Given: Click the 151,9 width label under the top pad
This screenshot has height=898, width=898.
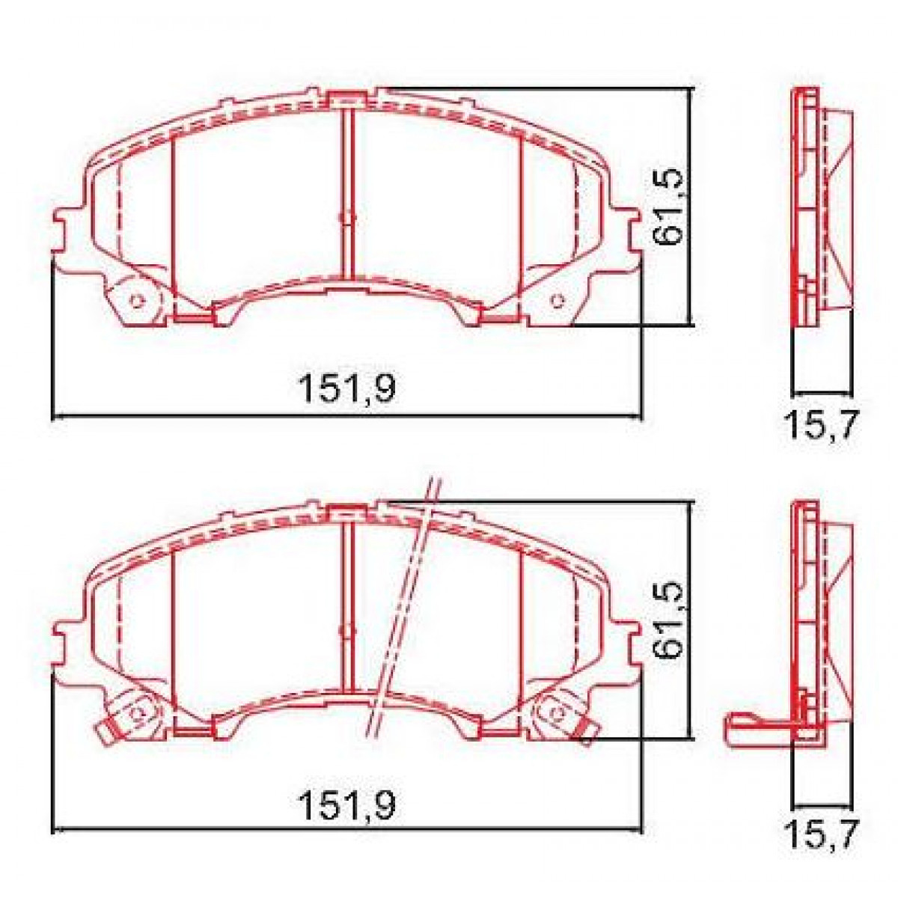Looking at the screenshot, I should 346,388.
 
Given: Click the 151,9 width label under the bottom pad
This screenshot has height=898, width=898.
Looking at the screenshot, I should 346,806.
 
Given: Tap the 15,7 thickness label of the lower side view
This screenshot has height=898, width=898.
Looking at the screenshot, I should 820,834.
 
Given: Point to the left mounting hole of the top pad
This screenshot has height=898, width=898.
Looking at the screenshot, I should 136,301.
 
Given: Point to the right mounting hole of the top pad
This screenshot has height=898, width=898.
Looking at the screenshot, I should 556,301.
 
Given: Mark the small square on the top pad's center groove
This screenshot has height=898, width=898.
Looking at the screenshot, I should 346,218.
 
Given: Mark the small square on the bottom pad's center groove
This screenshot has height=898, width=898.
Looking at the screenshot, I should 346,631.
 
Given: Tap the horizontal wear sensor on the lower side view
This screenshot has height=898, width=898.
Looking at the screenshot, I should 756,729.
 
